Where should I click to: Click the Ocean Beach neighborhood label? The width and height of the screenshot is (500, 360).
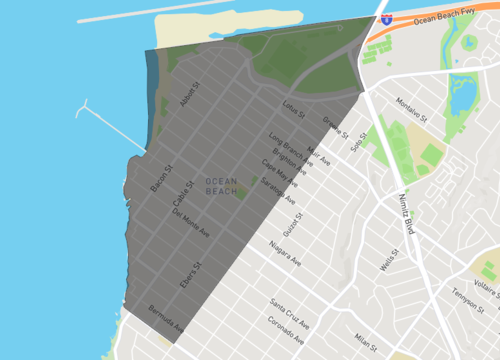click(x=221, y=186)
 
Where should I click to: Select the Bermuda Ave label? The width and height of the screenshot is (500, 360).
click(x=165, y=317)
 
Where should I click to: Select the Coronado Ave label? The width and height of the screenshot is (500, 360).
click(x=289, y=325)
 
